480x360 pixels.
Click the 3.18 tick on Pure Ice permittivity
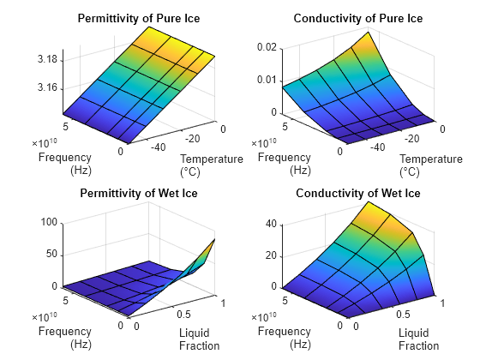click(x=48, y=59)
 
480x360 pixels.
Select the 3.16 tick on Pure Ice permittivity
click(x=48, y=87)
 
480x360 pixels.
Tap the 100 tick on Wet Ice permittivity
click(x=50, y=222)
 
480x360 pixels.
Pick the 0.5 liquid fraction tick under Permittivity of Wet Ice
click(x=187, y=313)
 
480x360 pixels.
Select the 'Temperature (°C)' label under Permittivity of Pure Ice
click(x=212, y=165)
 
